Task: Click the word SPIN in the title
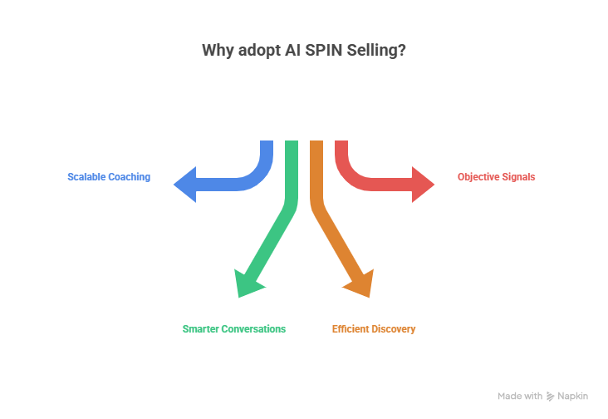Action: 331,51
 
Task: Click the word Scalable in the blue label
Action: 86,177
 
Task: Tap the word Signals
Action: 521,177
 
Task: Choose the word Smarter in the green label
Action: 201,329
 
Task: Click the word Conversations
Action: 253,329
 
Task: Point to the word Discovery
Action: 394,329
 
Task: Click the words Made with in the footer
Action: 520,397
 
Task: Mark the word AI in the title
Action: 299,51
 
